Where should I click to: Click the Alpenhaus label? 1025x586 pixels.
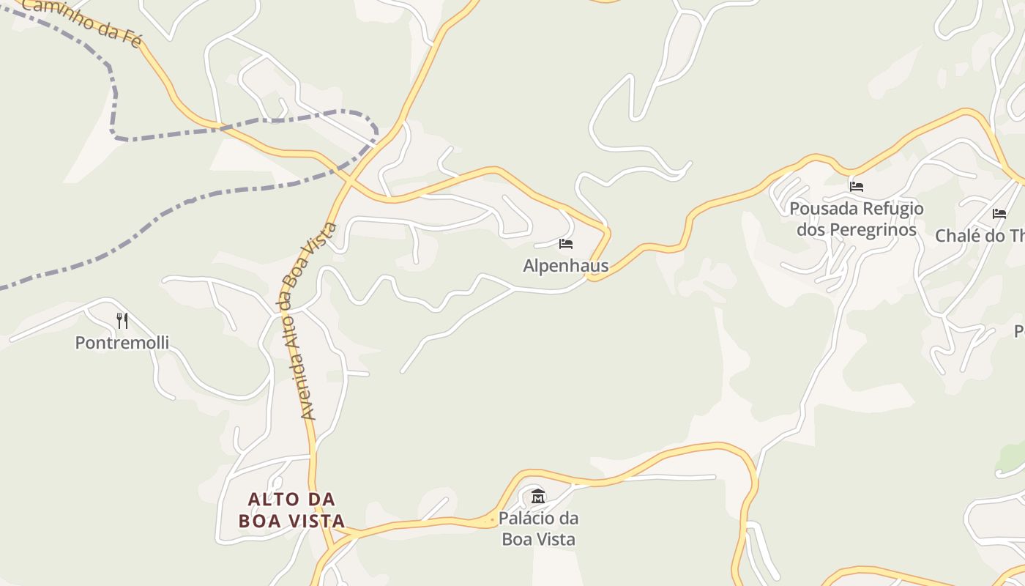tap(565, 265)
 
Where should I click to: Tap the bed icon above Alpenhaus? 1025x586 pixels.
tap(565, 244)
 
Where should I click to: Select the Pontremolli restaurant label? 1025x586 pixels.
tap(122, 342)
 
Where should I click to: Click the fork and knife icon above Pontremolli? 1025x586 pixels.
tap(122, 320)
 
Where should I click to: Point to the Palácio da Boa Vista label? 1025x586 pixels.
tap(538, 528)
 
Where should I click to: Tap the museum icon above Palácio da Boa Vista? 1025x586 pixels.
tap(538, 497)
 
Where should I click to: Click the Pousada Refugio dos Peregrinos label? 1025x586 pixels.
tap(857, 219)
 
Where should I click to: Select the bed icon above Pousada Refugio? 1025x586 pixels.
tap(857, 186)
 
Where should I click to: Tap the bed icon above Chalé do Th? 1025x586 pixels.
tap(999, 214)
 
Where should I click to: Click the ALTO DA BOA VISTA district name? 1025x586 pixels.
tap(291, 510)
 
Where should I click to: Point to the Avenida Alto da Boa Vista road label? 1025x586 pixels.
tap(308, 320)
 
